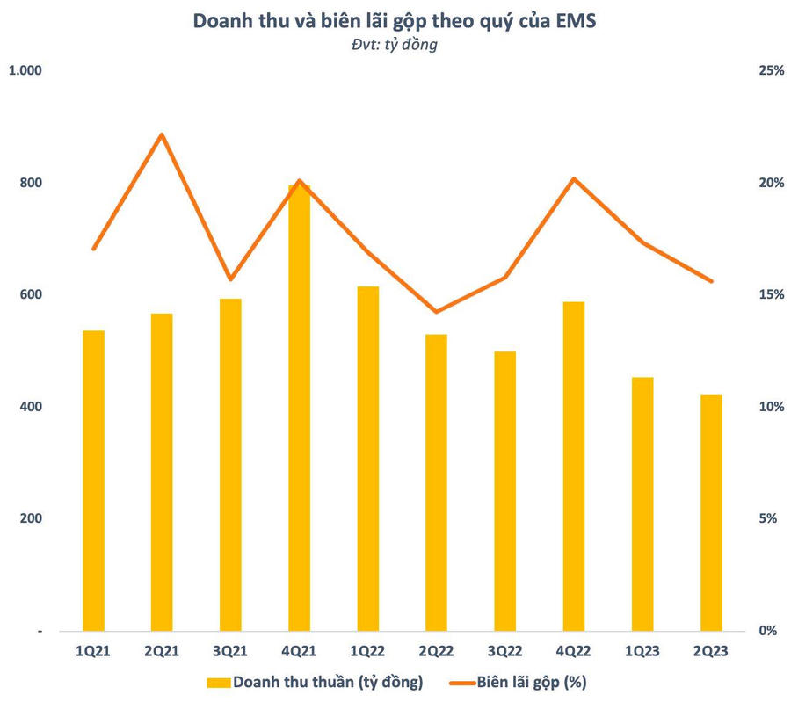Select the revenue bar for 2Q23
710,513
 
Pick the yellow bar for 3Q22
504,491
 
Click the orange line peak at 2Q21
162,134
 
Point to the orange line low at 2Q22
436,312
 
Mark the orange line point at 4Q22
573,179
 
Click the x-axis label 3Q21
230,651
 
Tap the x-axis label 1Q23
642,651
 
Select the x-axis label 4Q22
573,651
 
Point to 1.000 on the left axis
25,70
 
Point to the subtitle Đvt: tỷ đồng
395,45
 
